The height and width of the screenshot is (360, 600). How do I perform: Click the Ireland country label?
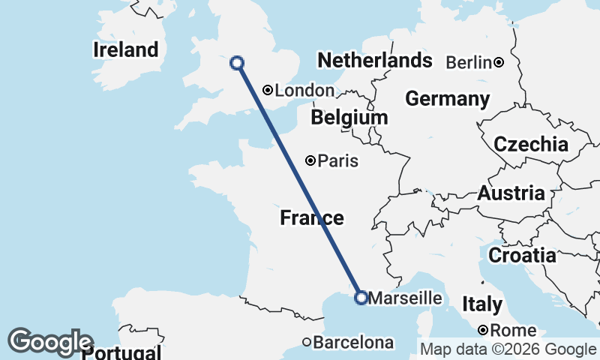pyautogui.click(x=126, y=50)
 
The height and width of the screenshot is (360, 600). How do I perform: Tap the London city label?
pyautogui.click(x=304, y=91)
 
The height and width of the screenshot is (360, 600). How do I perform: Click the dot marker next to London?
pyautogui.click(x=267, y=90)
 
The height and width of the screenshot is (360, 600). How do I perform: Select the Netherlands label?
pyautogui.click(x=374, y=60)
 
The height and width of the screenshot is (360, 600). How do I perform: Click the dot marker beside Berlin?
pyautogui.click(x=498, y=62)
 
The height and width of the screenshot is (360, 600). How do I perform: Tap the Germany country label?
pyautogui.click(x=447, y=99)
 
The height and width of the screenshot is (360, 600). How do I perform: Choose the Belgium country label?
pyautogui.click(x=349, y=118)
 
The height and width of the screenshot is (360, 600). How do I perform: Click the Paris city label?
pyautogui.click(x=337, y=160)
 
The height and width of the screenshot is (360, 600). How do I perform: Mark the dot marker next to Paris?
pyautogui.click(x=310, y=160)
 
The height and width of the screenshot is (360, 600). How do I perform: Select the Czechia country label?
pyautogui.click(x=530, y=144)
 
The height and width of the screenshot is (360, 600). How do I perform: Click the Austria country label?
pyautogui.click(x=511, y=193)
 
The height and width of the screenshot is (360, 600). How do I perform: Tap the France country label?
pyautogui.click(x=312, y=218)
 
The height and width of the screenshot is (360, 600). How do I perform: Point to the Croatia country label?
pyautogui.click(x=522, y=256)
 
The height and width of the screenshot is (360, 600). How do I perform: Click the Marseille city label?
pyautogui.click(x=406, y=298)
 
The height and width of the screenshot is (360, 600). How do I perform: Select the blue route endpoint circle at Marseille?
pyautogui.click(x=361, y=298)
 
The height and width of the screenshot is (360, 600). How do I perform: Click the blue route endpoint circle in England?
pyautogui.click(x=237, y=63)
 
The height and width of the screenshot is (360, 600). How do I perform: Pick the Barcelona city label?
pyautogui.click(x=353, y=343)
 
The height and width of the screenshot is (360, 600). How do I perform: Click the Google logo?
pyautogui.click(x=50, y=342)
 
